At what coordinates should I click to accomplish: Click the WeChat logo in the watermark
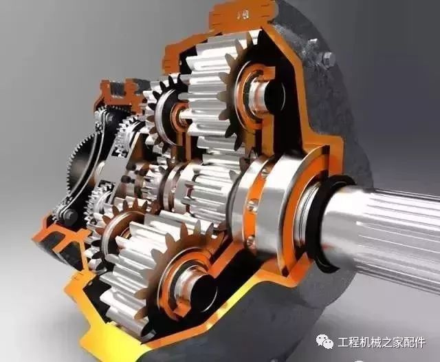(325, 342)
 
